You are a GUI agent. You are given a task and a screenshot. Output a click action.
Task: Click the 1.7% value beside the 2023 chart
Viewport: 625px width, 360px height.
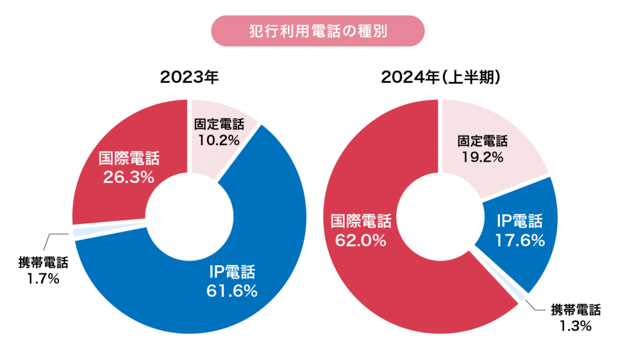pos(43,279)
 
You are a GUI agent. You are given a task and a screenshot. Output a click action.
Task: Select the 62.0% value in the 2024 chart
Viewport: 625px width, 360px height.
pos(361,240)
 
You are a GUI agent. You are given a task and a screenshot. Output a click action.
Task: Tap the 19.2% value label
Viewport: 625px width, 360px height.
pos(482,157)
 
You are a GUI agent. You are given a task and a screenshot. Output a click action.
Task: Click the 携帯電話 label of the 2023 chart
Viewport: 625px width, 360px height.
pos(43,264)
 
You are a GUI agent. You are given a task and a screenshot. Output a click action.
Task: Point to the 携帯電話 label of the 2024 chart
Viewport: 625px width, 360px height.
pos(576,309)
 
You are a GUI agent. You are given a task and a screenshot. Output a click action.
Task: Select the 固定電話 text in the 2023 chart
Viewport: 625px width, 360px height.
pos(219,124)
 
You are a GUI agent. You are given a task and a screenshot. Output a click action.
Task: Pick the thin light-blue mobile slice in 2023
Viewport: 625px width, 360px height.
pos(78,232)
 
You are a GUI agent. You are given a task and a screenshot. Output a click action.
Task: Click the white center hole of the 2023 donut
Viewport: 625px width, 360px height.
pos(189,217)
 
